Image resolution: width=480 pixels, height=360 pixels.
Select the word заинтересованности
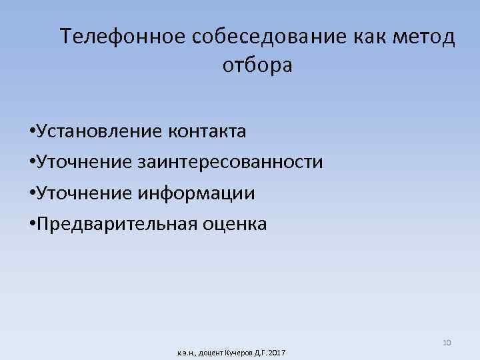(x=231, y=162)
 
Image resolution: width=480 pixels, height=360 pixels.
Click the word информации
(x=197, y=193)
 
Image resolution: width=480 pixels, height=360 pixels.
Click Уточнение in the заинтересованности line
(x=85, y=162)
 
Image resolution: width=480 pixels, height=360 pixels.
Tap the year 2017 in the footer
(x=275, y=351)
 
